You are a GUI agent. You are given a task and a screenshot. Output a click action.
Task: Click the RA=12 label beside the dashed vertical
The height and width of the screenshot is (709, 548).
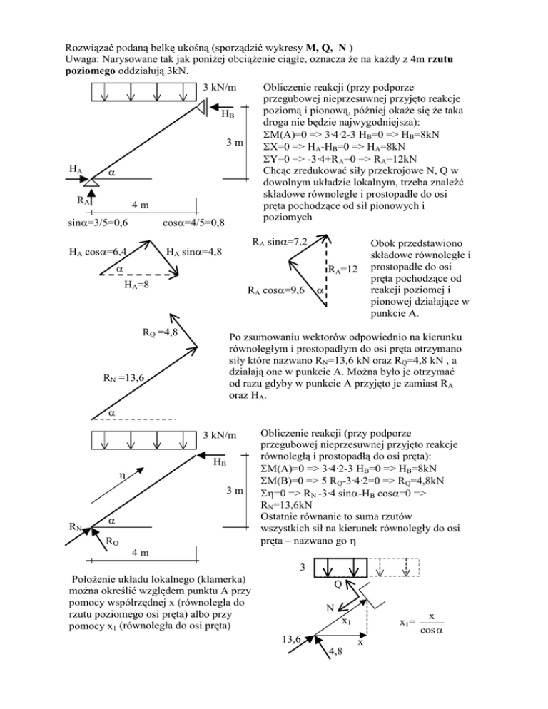coord(342,270)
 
